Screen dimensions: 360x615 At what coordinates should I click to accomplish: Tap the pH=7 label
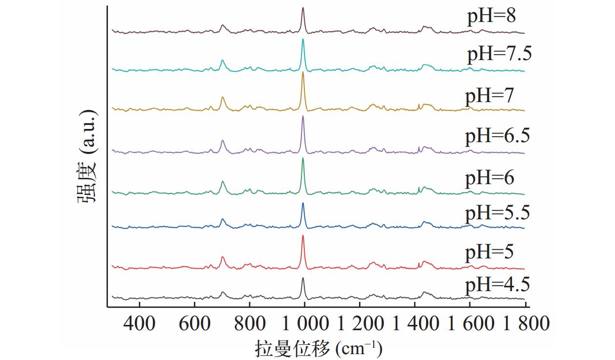coord(489,96)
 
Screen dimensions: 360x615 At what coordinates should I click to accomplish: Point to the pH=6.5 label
coord(497,135)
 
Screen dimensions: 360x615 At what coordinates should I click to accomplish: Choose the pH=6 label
coord(489,178)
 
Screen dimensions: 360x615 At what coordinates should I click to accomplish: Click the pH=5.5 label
coord(497,213)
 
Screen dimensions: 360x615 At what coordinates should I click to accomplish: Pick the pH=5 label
coord(489,253)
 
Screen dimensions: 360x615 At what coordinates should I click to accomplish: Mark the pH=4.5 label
coord(497,284)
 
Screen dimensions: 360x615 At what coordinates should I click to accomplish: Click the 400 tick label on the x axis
coord(140,323)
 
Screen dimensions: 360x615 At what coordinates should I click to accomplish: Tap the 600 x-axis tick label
coord(194,323)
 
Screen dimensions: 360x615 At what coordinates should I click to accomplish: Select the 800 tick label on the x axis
coord(250,323)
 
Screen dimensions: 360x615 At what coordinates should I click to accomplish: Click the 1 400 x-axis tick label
coord(415,323)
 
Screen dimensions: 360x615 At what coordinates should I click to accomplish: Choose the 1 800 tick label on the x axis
coord(525,323)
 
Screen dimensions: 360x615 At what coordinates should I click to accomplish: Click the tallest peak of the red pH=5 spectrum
coord(303,236)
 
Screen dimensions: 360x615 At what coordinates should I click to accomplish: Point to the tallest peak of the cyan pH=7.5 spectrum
coord(303,40)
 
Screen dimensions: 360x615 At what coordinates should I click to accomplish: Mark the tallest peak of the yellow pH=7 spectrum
coord(303,73)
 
